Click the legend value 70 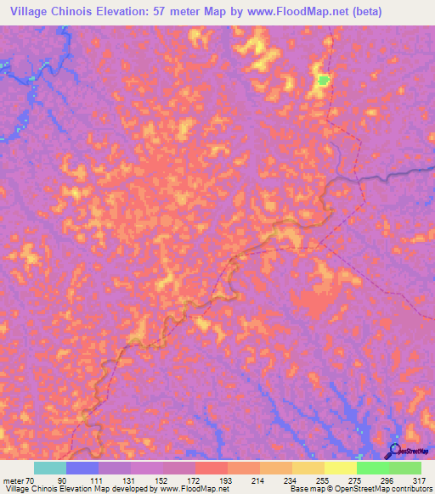click(x=31, y=480)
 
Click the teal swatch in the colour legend click(x=50, y=468)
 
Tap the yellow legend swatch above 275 click(x=341, y=468)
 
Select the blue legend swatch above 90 click(x=82, y=468)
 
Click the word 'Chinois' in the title click(x=78, y=12)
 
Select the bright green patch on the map click(x=324, y=81)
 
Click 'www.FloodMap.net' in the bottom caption click(x=189, y=489)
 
